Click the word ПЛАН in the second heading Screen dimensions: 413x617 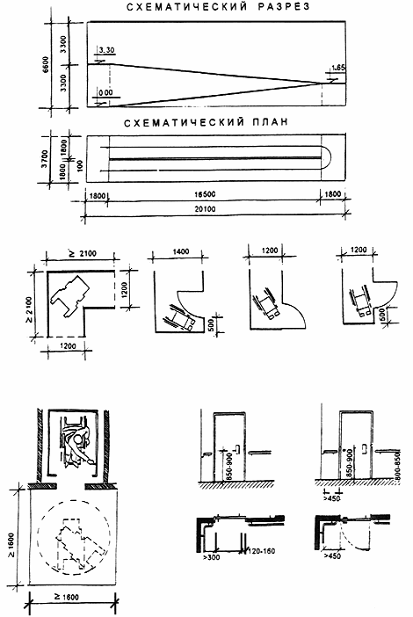271,122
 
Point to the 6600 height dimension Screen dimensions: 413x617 46,64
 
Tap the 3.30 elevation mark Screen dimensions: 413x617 106,50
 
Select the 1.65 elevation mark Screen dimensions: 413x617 338,68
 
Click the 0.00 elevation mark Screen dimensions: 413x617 105,92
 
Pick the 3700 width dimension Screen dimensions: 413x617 45,158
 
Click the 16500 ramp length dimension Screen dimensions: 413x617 205,194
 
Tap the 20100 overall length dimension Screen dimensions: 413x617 205,209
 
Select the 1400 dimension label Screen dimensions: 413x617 181,251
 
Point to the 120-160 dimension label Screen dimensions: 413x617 261,551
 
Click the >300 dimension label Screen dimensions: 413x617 212,557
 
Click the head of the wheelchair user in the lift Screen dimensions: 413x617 81,438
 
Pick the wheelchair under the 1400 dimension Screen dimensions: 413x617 182,316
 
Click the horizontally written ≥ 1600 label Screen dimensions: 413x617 67,597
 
